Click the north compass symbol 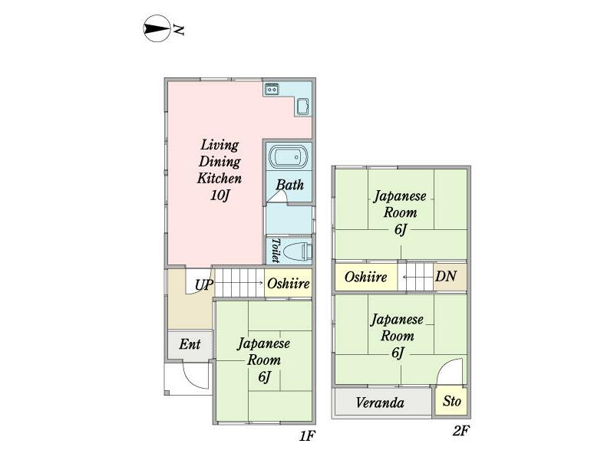tap(157, 28)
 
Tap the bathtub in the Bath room tap(289, 156)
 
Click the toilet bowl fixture tap(298, 251)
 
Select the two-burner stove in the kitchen tap(272, 90)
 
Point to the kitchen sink tap(302, 107)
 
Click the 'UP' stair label tap(204, 285)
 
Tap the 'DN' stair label tap(446, 277)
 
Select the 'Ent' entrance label tap(190, 344)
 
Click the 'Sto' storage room tap(451, 401)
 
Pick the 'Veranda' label tap(380, 402)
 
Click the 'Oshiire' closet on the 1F tap(289, 283)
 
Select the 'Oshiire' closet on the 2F tap(366, 277)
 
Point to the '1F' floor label tap(307, 435)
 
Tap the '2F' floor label tap(460, 431)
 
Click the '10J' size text tap(220, 195)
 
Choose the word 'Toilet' tap(276, 251)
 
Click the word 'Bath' tap(290, 185)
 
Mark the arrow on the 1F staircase tap(239, 282)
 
